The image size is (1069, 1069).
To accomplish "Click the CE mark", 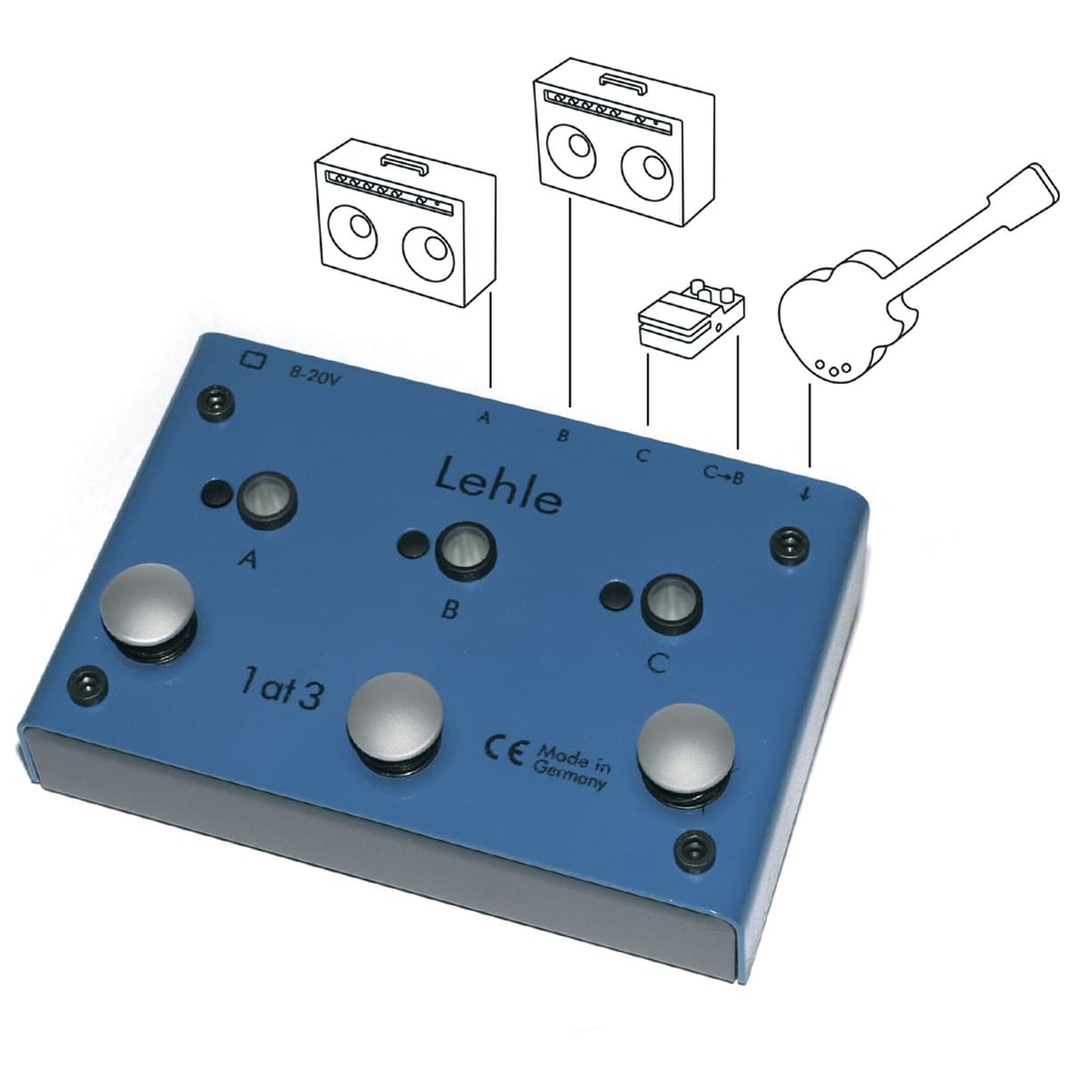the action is pyautogui.click(x=504, y=752).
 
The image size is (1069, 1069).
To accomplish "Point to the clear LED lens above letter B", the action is pyautogui.click(x=465, y=552).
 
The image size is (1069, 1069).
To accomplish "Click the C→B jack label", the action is pyautogui.click(x=722, y=475).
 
